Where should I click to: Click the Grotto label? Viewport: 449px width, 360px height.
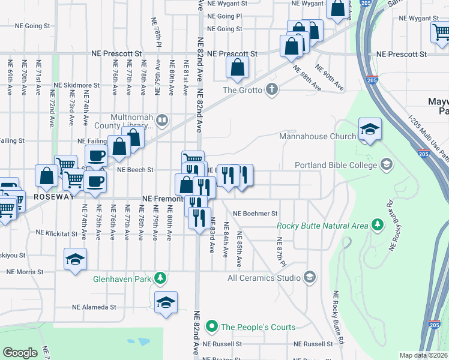[243, 90]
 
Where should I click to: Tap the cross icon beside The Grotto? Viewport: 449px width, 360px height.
[272, 90]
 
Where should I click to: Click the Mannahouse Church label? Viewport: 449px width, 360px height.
[318, 136]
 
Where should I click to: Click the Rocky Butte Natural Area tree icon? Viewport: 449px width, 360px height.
[378, 226]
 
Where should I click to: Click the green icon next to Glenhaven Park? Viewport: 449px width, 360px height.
[160, 278]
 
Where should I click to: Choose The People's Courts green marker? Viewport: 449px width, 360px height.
[211, 327]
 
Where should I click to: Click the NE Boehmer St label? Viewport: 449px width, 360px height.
[255, 213]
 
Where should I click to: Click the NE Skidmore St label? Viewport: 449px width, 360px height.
[76, 86]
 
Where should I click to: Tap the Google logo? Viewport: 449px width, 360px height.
[20, 353]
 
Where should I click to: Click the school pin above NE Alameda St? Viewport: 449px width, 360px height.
[166, 303]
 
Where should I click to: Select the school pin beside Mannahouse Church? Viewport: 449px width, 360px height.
[370, 130]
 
